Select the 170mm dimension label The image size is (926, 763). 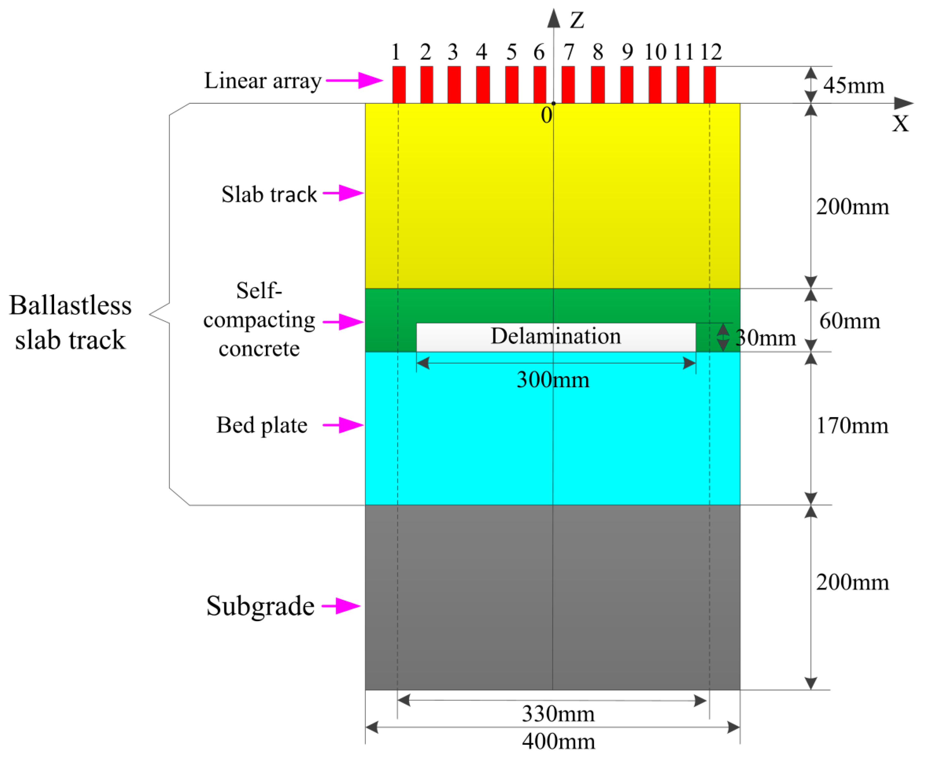(852, 425)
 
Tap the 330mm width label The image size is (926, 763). (558, 714)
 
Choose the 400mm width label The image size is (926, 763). (558, 742)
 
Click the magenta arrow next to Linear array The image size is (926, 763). (354, 80)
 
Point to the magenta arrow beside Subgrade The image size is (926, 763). (340, 606)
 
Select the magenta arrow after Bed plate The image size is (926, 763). (343, 425)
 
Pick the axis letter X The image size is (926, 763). (900, 124)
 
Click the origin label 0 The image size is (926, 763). (546, 116)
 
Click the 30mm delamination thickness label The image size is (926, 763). (766, 338)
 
